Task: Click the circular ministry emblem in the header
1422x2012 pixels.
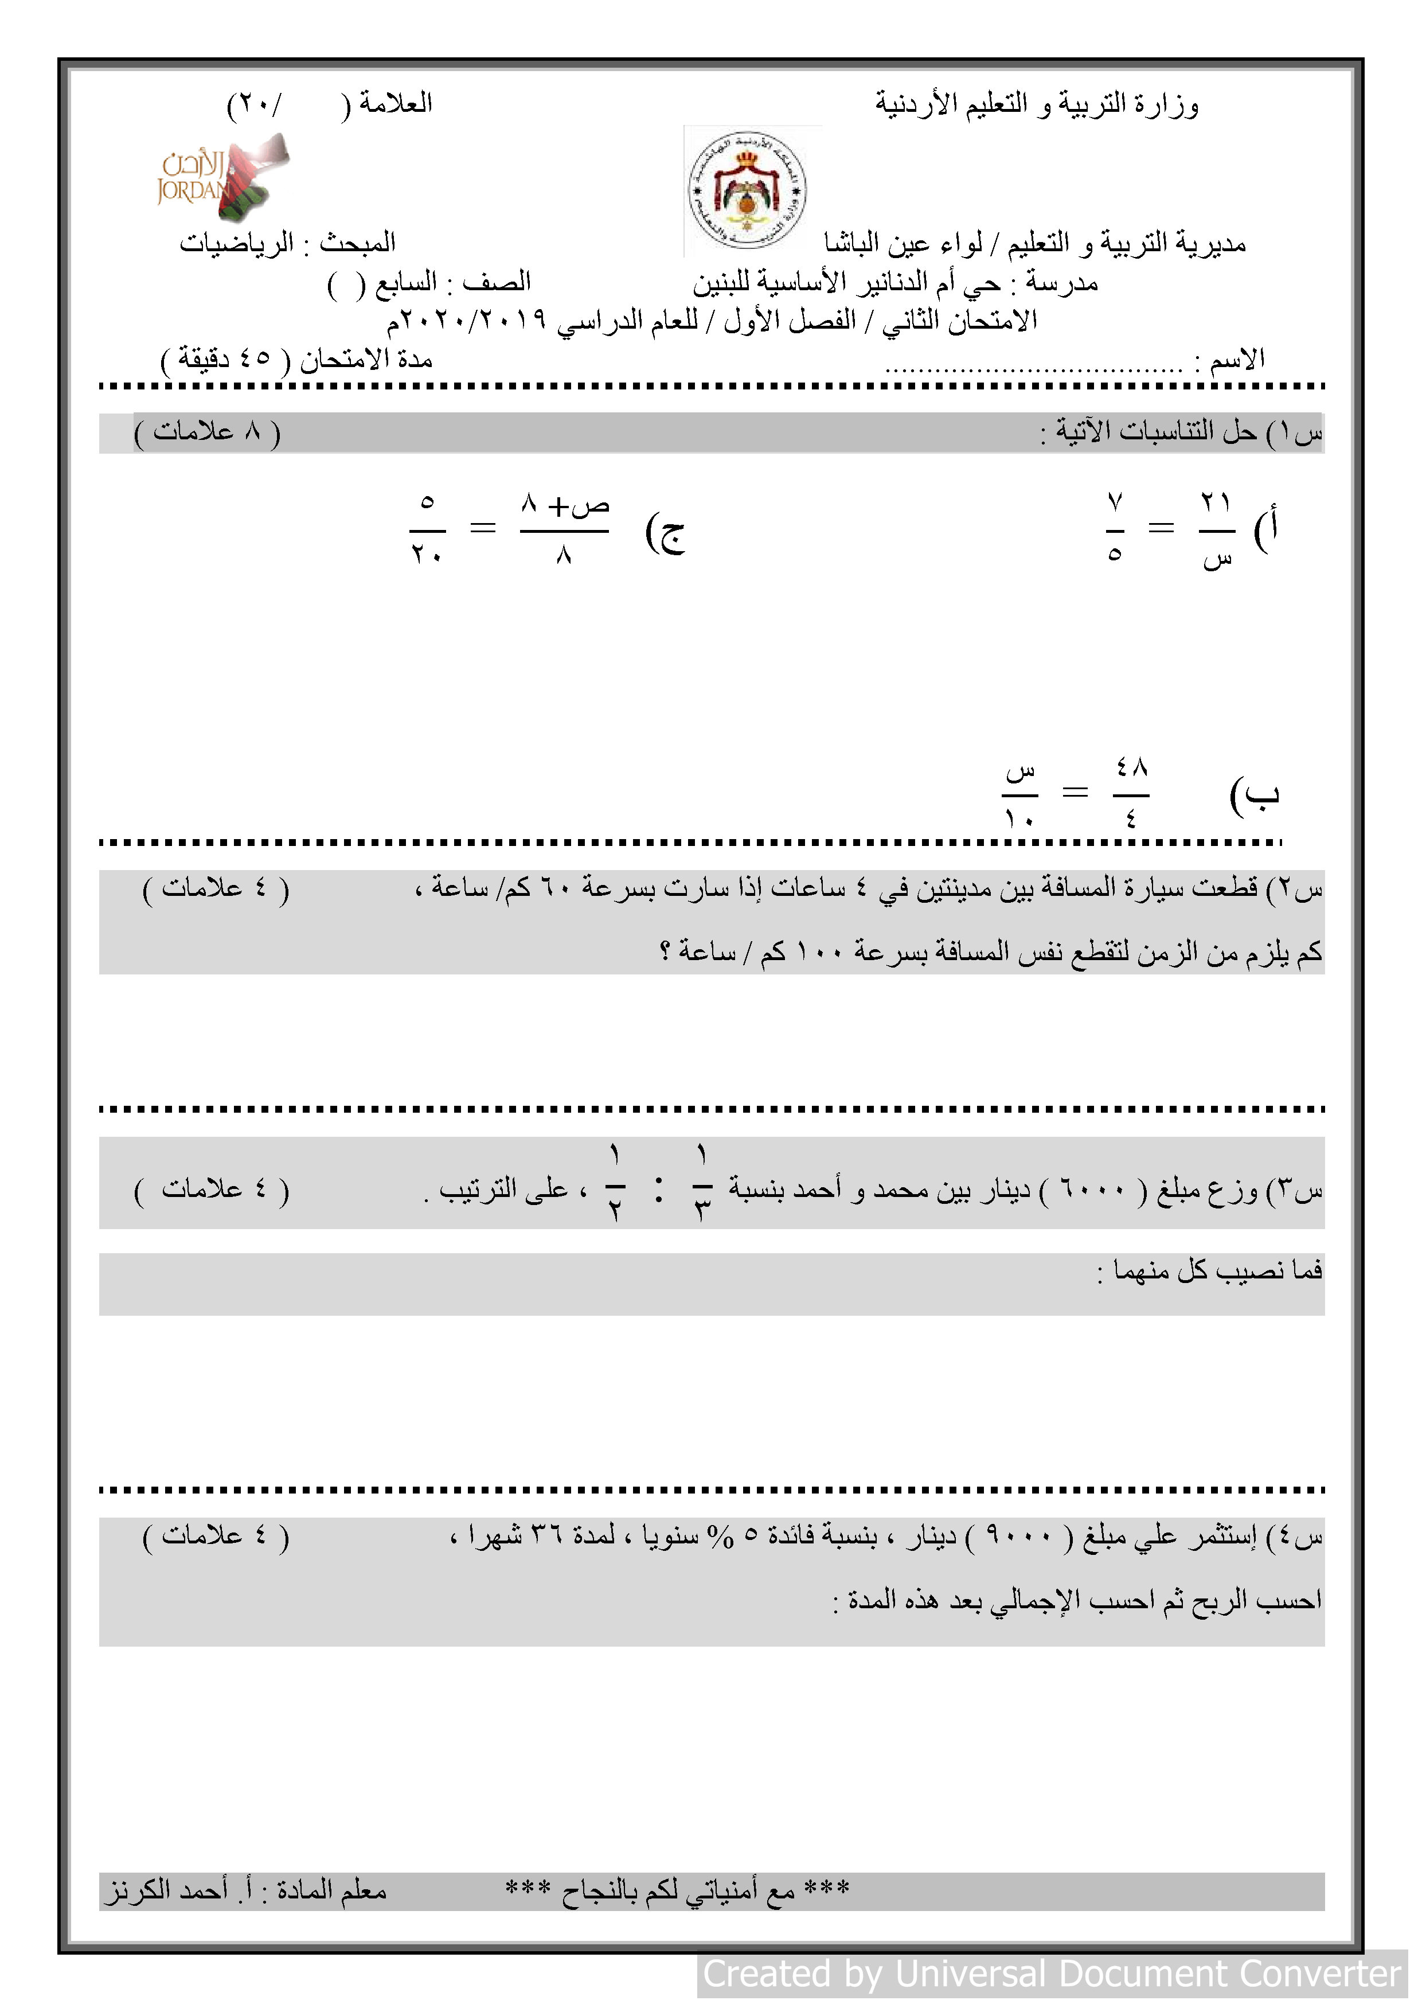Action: click(747, 190)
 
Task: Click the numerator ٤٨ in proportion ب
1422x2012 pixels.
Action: click(1131, 767)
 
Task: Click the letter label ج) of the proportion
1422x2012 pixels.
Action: click(665, 531)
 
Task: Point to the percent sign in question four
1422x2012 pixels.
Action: click(720, 1536)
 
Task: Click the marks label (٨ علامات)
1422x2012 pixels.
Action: click(208, 432)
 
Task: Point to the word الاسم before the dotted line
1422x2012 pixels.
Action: click(1236, 359)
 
